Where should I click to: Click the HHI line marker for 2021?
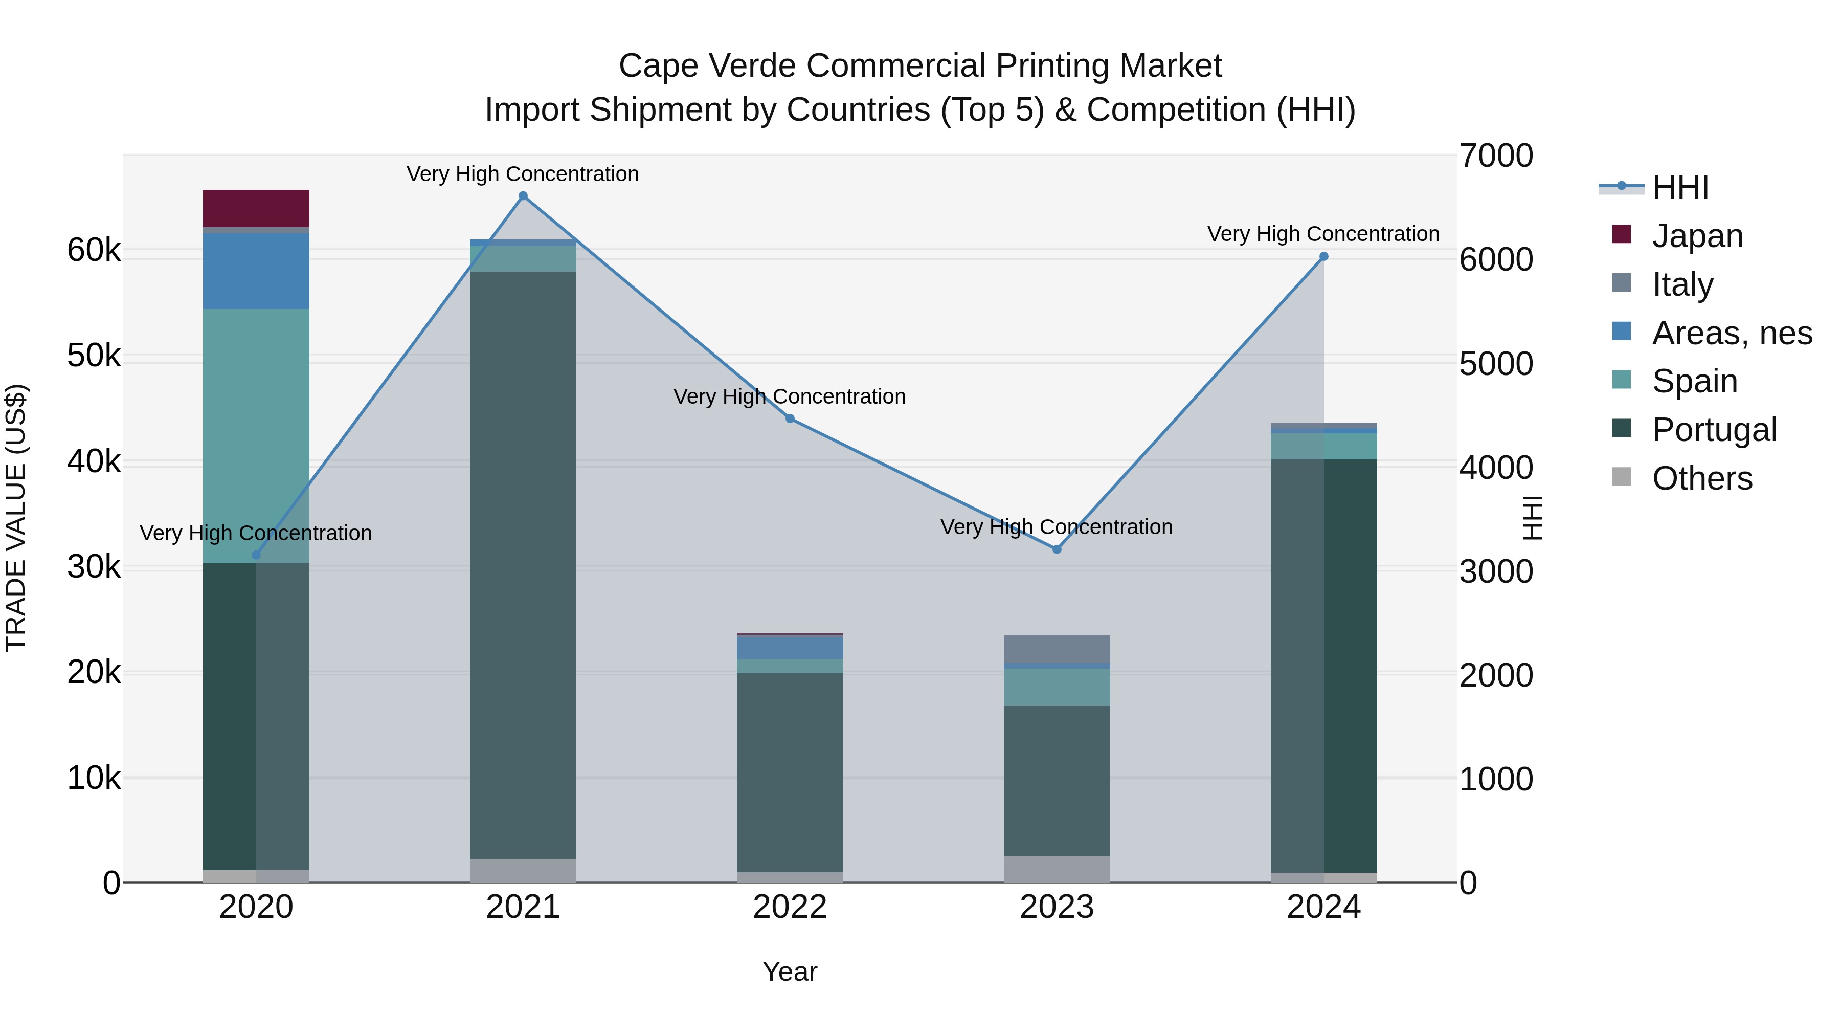[523, 196]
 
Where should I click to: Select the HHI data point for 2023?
[1057, 549]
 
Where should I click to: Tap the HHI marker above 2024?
[1323, 257]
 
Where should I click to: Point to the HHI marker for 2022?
[790, 419]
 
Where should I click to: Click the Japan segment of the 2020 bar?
[256, 208]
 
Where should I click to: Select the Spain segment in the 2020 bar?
[256, 435]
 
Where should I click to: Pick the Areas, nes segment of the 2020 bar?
[256, 271]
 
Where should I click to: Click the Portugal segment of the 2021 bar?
[523, 565]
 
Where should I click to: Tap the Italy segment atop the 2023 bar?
[1057, 649]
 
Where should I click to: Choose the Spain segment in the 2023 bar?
[1057, 687]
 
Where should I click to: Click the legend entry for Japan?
[1697, 236]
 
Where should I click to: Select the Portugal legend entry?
[1714, 430]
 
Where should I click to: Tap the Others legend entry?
[1701, 478]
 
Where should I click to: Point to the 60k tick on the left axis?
[94, 250]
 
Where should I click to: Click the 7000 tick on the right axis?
[1496, 156]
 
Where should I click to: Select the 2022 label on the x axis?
[790, 907]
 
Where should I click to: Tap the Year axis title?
[790, 972]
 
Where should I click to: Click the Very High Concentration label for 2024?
[1323, 234]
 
